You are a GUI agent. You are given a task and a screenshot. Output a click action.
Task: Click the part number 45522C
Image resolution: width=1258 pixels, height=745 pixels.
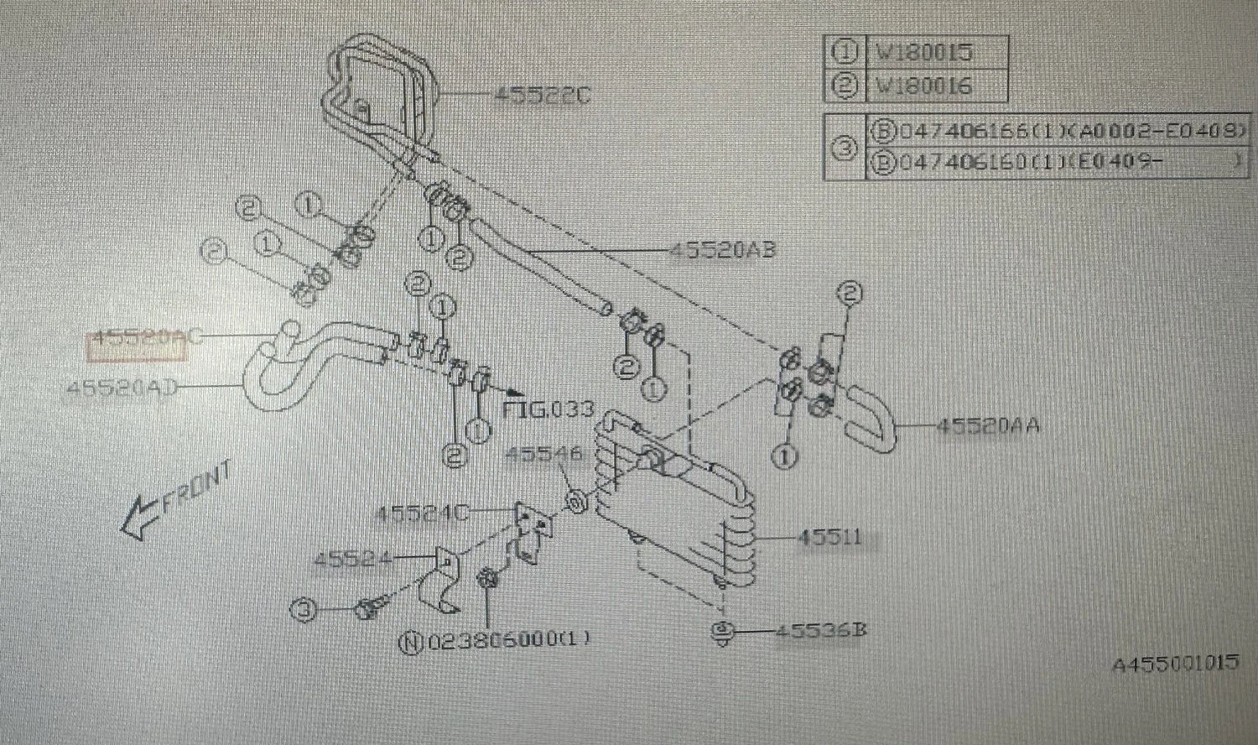click(x=542, y=95)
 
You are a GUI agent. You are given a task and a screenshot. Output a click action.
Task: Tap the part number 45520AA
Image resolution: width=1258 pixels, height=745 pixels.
click(x=988, y=425)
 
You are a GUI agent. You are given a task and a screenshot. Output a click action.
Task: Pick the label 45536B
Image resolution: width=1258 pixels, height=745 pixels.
click(x=819, y=629)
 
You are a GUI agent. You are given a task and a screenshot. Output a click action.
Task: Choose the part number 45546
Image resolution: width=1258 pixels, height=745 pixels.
click(x=543, y=455)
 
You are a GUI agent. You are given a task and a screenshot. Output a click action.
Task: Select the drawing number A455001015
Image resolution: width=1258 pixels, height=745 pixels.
click(x=1175, y=664)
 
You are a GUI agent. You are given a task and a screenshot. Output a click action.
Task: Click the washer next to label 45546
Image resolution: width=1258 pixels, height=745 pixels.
click(x=576, y=503)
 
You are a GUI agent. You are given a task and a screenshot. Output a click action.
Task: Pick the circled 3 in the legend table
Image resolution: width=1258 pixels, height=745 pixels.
click(x=845, y=148)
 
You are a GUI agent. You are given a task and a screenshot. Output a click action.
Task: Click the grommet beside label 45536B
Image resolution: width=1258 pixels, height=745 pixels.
click(x=720, y=632)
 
